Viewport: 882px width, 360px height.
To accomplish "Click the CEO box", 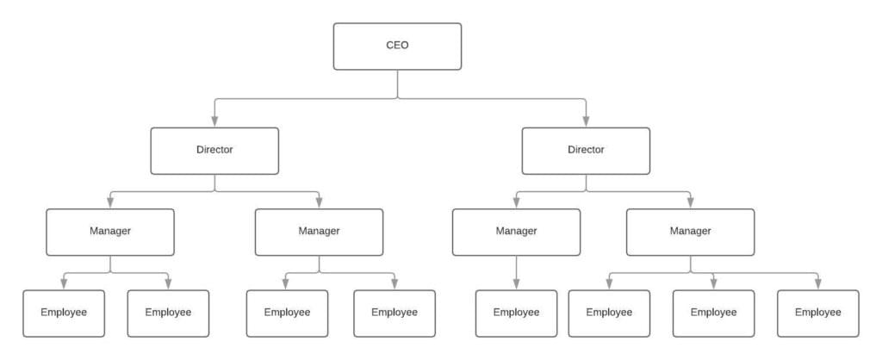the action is pos(397,47).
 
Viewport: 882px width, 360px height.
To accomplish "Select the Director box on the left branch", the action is pos(214,151).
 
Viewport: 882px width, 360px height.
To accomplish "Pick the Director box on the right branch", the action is pos(586,151).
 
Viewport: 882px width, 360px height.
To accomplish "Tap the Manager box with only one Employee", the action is pos(516,233).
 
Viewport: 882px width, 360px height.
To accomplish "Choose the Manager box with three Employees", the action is pos(690,233).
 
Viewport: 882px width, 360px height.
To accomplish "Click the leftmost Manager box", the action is pos(109,233).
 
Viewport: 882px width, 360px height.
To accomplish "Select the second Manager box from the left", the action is pos(319,233).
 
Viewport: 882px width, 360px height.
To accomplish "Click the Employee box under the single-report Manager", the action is pos(516,313).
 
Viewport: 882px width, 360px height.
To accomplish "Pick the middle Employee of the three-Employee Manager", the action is pos(713,313).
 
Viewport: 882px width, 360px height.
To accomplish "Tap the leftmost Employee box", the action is pos(64,313).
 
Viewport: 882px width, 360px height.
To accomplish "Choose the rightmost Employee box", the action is pos(818,313).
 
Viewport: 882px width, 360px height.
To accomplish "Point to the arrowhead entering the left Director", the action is pos(214,121).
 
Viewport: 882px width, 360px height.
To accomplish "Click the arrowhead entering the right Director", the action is pos(586,121).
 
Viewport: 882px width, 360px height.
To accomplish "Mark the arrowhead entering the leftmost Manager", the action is pos(109,203).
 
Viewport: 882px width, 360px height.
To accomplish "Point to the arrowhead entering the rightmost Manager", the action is pos(690,203).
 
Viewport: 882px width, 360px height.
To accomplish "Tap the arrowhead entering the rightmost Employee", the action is pos(818,284).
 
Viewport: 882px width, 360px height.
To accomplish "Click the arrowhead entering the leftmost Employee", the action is pos(64,284).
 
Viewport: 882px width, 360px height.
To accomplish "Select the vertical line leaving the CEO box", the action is pos(398,84).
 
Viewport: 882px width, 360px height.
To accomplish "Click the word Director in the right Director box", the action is pos(586,150).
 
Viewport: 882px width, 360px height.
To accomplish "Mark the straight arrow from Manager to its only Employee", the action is pos(516,273).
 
